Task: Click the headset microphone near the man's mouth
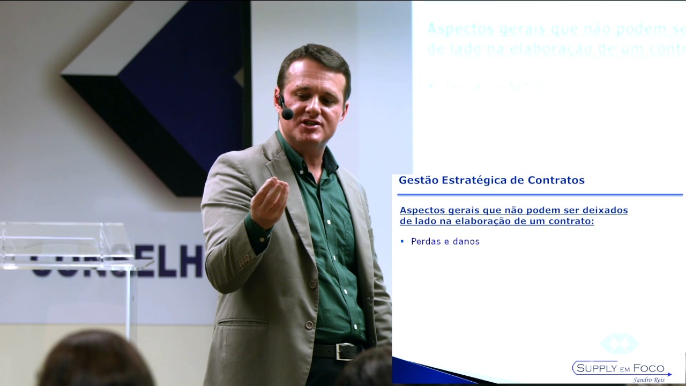(287, 114)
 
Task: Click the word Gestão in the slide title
(418, 180)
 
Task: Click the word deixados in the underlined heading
(606, 210)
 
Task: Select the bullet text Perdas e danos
(445, 241)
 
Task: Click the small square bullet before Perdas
(402, 241)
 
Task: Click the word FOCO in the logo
(649, 369)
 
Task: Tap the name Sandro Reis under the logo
(648, 380)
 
